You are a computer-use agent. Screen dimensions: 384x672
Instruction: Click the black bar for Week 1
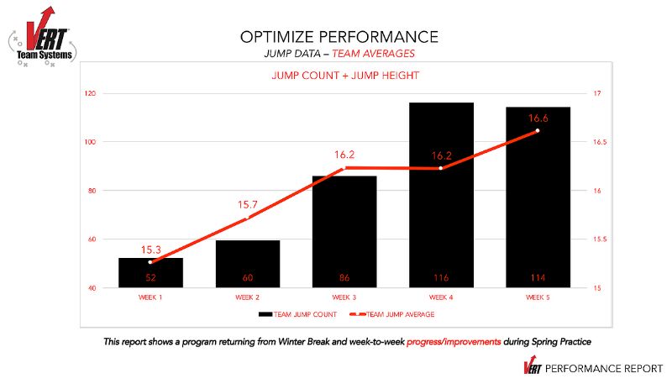(150, 272)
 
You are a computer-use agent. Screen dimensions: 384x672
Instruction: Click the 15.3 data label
(150, 250)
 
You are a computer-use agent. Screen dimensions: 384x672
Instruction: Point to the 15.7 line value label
(247, 204)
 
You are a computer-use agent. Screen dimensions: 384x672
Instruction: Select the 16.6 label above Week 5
(538, 118)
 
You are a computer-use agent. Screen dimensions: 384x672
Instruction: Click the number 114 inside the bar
(538, 277)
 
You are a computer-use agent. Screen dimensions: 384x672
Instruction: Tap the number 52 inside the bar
(150, 277)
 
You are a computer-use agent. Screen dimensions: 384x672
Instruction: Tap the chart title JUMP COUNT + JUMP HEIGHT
(345, 76)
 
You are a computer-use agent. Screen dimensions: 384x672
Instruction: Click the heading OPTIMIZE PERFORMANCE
(339, 36)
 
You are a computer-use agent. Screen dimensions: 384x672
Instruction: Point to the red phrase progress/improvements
(454, 342)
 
